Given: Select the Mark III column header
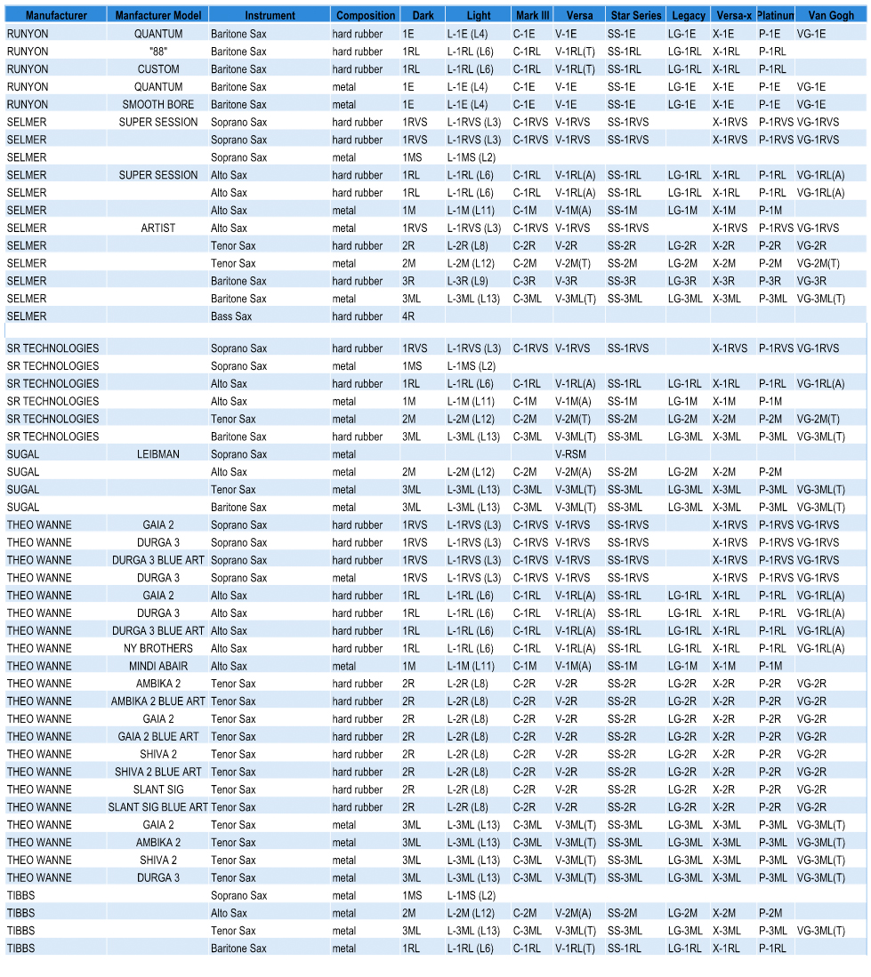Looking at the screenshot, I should (532, 15).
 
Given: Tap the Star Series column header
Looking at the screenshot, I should (635, 15).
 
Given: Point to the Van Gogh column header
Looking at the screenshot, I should (831, 15).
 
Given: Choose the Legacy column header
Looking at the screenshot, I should (689, 15).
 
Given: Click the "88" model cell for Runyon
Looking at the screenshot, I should (157, 52).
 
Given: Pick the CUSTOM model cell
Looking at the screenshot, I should (157, 69).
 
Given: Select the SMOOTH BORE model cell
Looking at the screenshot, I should (157, 105).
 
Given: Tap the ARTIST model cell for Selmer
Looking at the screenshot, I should (157, 228).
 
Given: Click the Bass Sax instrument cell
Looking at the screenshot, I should (231, 316).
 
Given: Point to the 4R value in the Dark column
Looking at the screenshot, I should (408, 316).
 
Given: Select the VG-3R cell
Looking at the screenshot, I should (811, 281).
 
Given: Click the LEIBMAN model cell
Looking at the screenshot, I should (157, 454).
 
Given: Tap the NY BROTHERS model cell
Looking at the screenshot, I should (157, 648).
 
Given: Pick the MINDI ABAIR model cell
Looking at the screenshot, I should (157, 666).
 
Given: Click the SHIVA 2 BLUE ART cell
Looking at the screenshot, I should (157, 772).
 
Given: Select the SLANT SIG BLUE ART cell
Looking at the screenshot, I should (157, 807).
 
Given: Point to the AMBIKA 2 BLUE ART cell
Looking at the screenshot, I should (157, 701).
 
